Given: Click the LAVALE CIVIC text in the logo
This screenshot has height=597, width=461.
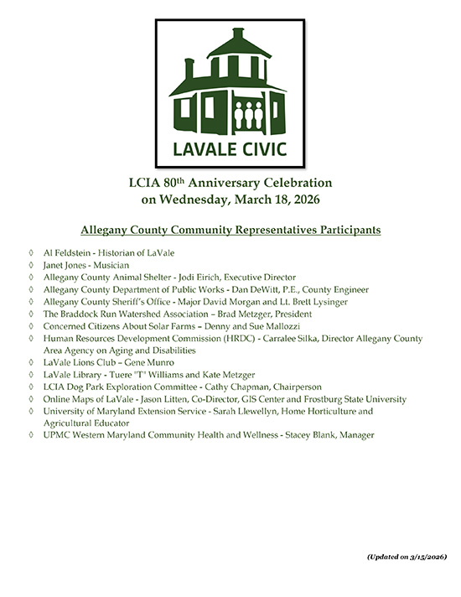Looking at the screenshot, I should [230, 149].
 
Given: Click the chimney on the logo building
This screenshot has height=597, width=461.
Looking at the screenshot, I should [189, 67].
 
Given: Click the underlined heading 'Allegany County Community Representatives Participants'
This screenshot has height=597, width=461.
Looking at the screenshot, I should [230, 228].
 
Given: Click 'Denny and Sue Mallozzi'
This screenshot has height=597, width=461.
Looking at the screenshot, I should [226, 325].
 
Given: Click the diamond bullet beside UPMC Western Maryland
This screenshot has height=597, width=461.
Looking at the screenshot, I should [31, 435].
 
